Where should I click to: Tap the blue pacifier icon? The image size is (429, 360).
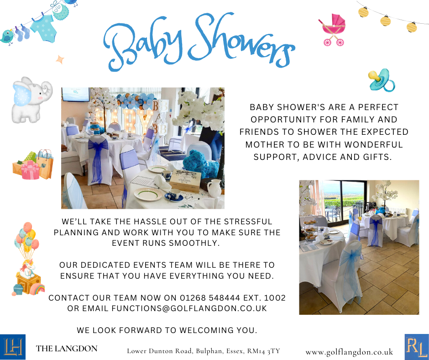[x=382, y=80]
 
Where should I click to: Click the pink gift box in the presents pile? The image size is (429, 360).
[x=30, y=170]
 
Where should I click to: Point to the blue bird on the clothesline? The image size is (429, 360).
[x=7, y=37]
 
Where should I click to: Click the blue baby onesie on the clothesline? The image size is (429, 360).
[x=43, y=28]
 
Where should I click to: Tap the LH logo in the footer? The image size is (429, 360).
[x=13, y=347]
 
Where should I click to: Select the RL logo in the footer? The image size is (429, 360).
[x=417, y=347]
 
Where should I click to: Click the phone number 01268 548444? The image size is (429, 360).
[x=210, y=298]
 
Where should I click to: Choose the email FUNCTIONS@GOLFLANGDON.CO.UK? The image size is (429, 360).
[x=189, y=308]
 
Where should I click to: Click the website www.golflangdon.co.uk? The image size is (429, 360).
[x=349, y=352]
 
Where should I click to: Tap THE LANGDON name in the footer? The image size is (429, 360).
[x=67, y=349]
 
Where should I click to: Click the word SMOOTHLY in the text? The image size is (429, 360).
[x=194, y=243]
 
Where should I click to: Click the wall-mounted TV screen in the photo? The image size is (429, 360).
[x=75, y=95]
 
